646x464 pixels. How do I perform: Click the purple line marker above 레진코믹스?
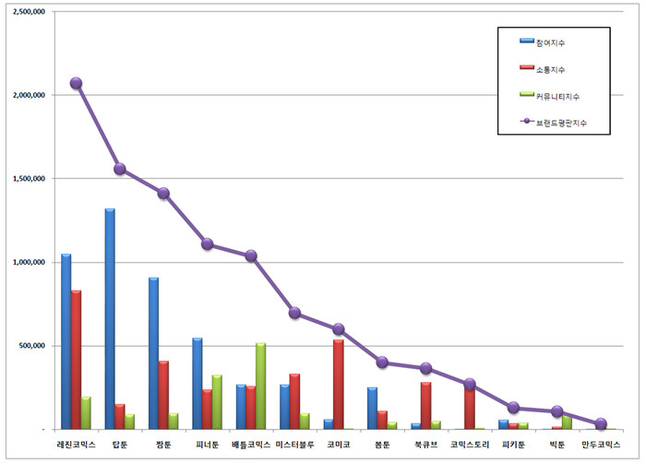[76, 83]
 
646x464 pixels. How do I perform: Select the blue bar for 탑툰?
[110, 318]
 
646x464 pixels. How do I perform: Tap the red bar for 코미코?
[339, 384]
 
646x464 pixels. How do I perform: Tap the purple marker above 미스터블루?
[295, 313]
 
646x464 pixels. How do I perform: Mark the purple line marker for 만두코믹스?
[601, 424]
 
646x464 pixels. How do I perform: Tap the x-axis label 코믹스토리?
[470, 445]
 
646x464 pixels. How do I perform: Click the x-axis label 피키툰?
[514, 445]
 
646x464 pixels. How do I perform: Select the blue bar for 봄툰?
[372, 408]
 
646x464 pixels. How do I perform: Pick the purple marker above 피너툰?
[208, 244]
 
